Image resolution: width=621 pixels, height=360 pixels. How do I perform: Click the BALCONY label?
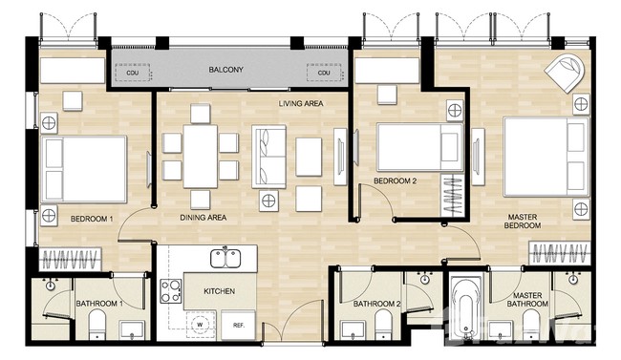(x=225, y=70)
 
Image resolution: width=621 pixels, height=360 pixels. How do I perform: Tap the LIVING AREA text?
(x=301, y=104)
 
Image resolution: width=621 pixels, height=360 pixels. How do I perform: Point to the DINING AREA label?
(x=203, y=218)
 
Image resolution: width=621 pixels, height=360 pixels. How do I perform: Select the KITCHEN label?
(x=220, y=291)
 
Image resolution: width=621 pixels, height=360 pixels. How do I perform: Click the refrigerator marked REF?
(x=239, y=326)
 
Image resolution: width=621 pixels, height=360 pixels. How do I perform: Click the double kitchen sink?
(x=225, y=258)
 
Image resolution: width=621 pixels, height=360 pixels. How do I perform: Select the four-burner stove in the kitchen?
(x=171, y=291)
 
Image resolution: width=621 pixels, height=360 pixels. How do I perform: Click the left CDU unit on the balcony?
(x=133, y=73)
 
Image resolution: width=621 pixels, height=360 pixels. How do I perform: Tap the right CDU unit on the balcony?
(x=324, y=73)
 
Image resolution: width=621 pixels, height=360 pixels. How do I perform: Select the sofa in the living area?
(x=269, y=157)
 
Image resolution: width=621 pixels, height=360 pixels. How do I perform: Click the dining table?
(x=200, y=156)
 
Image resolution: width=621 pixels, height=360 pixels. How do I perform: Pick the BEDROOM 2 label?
(x=395, y=181)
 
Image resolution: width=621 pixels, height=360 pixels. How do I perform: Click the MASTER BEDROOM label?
(x=523, y=222)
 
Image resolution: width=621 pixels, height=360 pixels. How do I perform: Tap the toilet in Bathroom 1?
(x=97, y=324)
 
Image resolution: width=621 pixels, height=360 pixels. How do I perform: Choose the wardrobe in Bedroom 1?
(x=71, y=260)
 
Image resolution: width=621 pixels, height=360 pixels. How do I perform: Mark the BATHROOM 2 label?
(x=377, y=304)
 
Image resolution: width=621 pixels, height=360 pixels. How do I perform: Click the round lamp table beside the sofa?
(x=268, y=201)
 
